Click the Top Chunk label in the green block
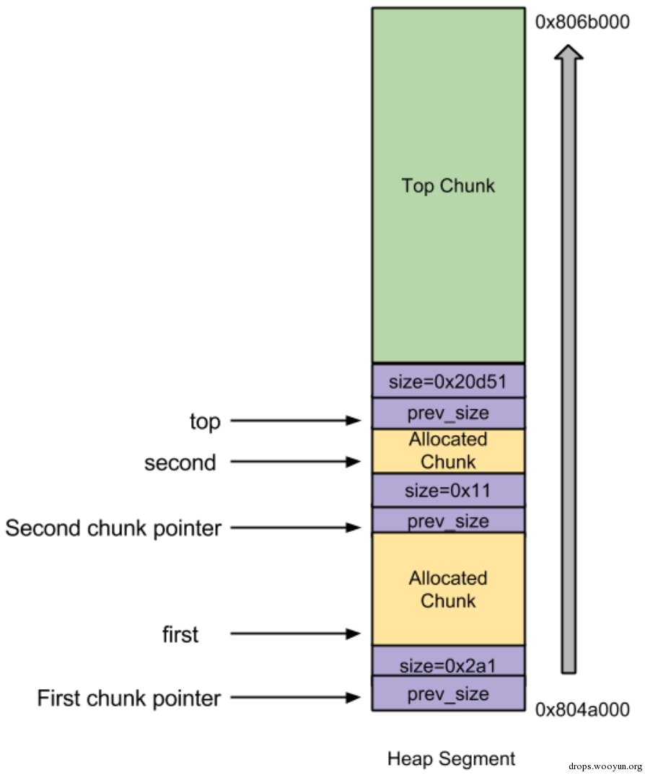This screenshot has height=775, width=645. tap(448, 185)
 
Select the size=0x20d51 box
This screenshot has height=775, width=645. tap(448, 381)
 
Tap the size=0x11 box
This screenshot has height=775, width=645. tap(448, 491)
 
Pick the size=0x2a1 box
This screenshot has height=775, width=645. tap(448, 661)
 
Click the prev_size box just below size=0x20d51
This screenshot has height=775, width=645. tap(448, 413)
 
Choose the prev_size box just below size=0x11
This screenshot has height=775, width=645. tap(448, 520)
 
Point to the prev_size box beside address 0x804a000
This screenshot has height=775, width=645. tap(448, 694)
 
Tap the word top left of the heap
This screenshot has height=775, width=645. tap(205, 421)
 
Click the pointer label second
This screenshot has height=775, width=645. tap(180, 463)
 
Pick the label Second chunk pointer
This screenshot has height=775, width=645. tap(113, 529)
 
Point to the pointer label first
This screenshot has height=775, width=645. tap(180, 635)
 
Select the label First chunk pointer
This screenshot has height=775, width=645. tap(129, 699)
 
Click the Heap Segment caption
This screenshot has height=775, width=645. tap(452, 758)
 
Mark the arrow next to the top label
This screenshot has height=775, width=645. tap(295, 421)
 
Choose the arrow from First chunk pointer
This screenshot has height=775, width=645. tap(295, 698)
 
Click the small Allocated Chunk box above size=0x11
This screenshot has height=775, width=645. tap(448, 451)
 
